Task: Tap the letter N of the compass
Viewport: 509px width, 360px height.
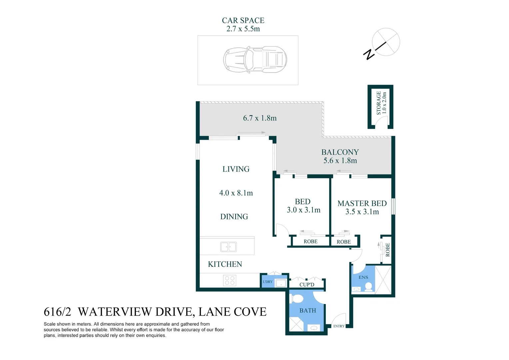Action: click(369, 54)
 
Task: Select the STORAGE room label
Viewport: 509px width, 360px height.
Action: click(379, 103)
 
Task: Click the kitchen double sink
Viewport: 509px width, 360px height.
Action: click(229, 247)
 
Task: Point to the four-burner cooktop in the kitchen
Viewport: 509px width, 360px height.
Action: click(230, 280)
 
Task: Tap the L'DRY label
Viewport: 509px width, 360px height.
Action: click(267, 282)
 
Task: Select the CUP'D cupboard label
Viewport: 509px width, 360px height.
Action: click(306, 285)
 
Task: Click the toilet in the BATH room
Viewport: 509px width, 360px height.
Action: click(297, 298)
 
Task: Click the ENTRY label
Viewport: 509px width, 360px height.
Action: click(339, 326)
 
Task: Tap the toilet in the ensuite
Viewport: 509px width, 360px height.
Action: click(368, 286)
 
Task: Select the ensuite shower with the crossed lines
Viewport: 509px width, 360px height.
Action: click(383, 280)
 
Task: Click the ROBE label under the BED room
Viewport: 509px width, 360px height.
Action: click(310, 242)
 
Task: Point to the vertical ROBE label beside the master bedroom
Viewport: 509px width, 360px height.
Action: click(388, 250)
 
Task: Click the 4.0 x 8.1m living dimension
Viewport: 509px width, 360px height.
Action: click(236, 193)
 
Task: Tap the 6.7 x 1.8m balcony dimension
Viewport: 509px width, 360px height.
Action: click(259, 118)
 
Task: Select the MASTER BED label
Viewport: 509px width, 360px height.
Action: click(362, 203)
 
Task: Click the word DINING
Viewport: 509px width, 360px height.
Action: click(234, 217)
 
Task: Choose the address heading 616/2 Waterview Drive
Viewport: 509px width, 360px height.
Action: click(155, 312)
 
